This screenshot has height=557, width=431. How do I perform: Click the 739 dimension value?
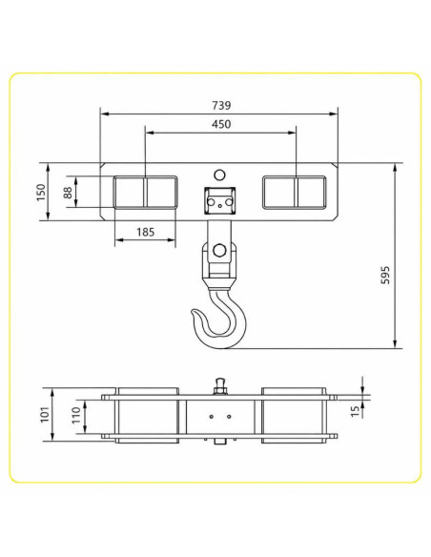pos(221,106)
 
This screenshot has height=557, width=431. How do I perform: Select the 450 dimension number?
pos(221,124)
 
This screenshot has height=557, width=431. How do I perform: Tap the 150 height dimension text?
pos(42,192)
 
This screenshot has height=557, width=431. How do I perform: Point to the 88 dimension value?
pos(68,192)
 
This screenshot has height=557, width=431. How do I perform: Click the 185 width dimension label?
pos(146,233)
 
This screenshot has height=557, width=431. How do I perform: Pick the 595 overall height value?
pos(385,275)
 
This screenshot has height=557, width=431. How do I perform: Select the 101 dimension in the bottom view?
pos(45,414)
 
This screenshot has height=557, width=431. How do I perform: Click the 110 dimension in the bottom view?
pos(76,415)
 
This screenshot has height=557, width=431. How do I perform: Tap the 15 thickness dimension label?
pos(355,411)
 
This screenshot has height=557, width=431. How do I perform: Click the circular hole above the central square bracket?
pos(219,175)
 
